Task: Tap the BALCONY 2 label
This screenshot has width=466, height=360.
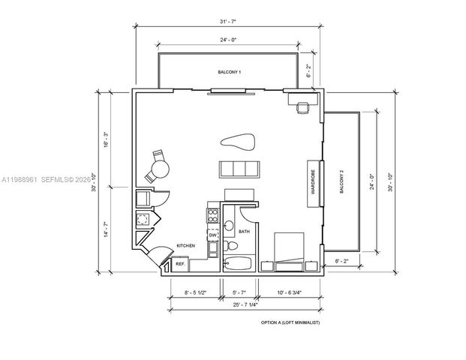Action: [x=341, y=182]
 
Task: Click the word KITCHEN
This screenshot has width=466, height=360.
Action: [x=186, y=246]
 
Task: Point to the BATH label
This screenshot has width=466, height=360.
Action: [x=244, y=232]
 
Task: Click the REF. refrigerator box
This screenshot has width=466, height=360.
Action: [x=180, y=264]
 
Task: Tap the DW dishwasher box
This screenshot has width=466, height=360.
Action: [x=212, y=235]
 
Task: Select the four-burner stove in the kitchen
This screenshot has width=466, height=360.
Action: [x=212, y=217]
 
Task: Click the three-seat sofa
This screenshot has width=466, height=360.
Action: [x=239, y=168]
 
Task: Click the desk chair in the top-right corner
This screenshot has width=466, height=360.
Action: [x=302, y=108]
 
